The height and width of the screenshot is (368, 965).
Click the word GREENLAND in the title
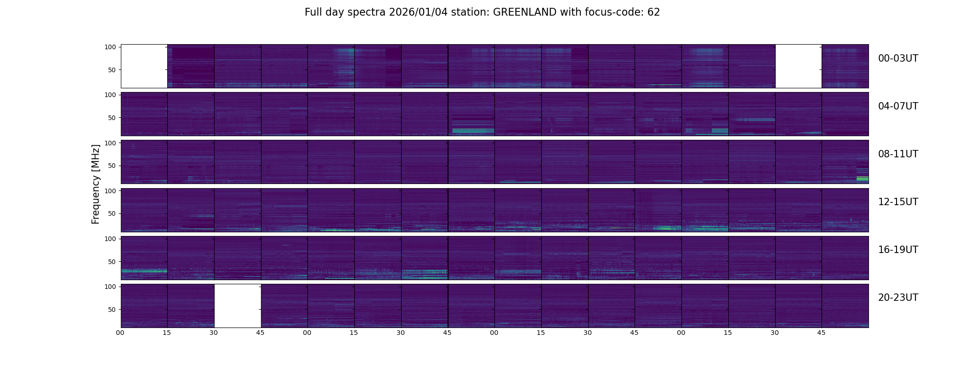(524, 12)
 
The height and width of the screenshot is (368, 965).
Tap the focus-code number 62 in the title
(653, 12)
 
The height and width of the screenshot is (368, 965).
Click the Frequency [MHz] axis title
(96, 184)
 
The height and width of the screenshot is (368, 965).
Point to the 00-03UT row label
(898, 58)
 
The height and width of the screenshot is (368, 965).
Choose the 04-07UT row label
(898, 106)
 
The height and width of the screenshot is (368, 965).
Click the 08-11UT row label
(898, 154)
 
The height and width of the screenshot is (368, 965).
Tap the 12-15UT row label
(898, 202)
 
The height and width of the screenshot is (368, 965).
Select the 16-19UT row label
(898, 250)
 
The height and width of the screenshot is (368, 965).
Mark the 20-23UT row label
(898, 298)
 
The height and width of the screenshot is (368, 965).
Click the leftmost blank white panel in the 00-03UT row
(144, 66)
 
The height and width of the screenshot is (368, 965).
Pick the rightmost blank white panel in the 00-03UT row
(798, 66)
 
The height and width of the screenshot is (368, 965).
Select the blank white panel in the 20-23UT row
(238, 305)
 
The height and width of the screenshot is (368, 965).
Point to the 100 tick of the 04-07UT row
(110, 95)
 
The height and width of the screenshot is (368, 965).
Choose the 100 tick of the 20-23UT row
(110, 287)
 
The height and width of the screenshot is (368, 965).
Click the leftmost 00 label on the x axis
(120, 333)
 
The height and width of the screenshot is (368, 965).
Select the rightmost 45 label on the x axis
(822, 333)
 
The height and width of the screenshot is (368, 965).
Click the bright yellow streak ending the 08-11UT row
(863, 178)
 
